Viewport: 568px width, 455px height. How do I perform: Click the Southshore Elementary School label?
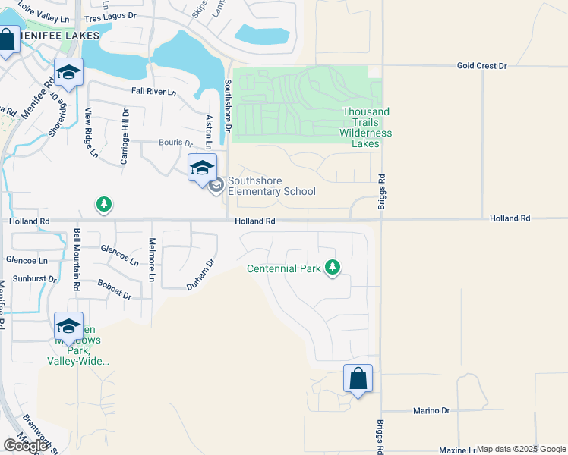pos(271,187)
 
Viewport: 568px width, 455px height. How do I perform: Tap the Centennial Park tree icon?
pos(332,268)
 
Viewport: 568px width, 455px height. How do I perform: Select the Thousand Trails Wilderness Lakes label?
pos(365,122)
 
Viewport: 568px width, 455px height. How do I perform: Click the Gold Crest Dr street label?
pos(481,66)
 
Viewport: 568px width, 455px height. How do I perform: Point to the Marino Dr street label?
pos(431,410)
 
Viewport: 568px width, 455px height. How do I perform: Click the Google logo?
pos(25,446)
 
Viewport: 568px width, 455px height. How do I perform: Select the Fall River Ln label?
pos(153,92)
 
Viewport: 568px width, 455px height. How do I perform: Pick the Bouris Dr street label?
pos(175,142)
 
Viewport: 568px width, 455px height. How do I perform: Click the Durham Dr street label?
pos(202,275)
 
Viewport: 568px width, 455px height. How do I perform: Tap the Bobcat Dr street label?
pos(114,289)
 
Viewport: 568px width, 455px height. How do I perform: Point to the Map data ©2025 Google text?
pos(521,449)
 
